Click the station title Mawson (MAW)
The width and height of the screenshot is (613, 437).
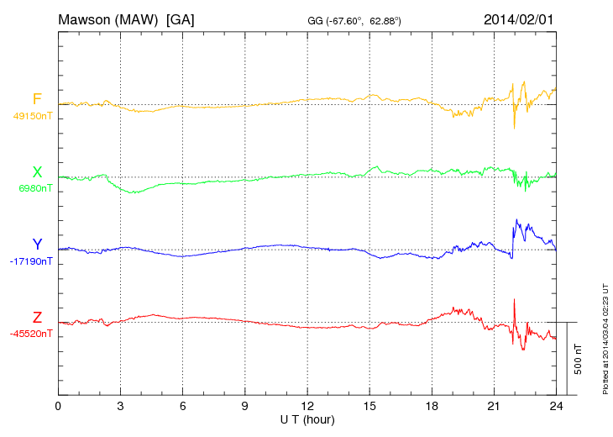tap(109, 18)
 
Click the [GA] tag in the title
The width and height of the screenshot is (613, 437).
tap(181, 18)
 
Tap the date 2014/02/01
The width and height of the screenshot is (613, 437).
tap(519, 18)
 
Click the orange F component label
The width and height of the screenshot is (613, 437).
tap(37, 100)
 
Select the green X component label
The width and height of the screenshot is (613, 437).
tap(37, 172)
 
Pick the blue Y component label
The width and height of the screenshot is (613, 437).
tap(37, 245)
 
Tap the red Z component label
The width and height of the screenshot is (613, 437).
tap(37, 317)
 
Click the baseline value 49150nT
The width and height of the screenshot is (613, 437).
tap(33, 117)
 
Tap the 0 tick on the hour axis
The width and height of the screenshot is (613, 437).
tap(58, 406)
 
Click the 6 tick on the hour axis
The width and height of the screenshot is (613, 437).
tap(182, 406)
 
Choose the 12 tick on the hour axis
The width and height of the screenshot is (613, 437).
tap(306, 406)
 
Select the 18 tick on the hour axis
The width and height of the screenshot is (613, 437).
tap(432, 406)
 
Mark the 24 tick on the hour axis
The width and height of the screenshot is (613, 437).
tap(556, 406)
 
